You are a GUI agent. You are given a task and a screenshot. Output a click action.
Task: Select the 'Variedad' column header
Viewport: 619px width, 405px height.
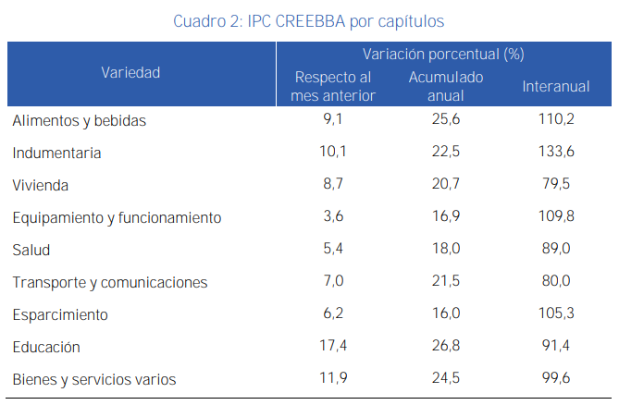pos(130,72)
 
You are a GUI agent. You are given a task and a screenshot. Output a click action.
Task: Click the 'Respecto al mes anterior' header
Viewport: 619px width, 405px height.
pos(333,86)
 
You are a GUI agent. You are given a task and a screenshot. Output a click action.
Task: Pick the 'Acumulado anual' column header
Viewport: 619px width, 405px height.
pos(446,86)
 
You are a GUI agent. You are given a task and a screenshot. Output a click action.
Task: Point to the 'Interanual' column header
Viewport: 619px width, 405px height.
pos(555,86)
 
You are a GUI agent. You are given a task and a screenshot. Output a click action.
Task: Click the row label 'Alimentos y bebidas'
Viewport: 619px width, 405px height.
pos(80,120)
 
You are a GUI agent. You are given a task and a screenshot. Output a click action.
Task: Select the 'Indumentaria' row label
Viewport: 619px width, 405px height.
pos(56,153)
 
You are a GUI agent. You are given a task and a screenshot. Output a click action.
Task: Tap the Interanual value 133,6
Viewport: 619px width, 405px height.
pos(556,153)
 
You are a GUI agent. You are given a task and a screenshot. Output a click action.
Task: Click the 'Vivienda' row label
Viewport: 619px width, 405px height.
pos(41,185)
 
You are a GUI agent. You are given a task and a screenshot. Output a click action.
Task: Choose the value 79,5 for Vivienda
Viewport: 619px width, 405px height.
pos(556,185)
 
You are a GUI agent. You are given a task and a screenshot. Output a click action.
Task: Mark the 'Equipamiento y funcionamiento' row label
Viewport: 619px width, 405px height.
pos(117,217)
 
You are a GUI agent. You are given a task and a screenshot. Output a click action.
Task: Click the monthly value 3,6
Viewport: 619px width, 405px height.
pos(331,217)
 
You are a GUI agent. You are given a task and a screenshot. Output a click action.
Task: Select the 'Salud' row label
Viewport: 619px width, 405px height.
pos(31,250)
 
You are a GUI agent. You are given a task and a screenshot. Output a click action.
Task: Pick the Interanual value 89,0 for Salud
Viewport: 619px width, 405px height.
pos(556,250)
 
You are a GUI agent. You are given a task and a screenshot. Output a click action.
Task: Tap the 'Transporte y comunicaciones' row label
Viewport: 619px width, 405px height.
pos(109,282)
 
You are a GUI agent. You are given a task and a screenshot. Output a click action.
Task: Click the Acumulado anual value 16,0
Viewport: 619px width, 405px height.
pos(445,314)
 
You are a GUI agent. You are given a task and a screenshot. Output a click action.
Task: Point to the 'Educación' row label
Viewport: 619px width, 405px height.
pos(46,347)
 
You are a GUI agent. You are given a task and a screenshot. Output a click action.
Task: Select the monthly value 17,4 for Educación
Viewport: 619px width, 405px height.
pos(331,347)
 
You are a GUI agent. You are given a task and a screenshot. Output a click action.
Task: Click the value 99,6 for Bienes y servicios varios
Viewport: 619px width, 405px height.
pos(556,379)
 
